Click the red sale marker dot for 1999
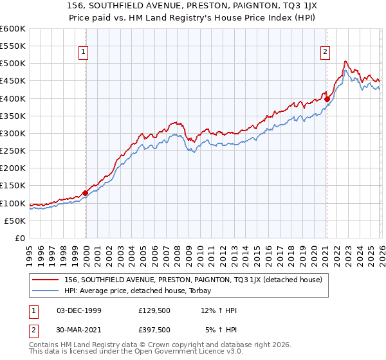click(86, 193)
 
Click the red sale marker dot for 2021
click(327, 99)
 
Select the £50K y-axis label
click(14, 221)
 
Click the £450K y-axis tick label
click(12, 81)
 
